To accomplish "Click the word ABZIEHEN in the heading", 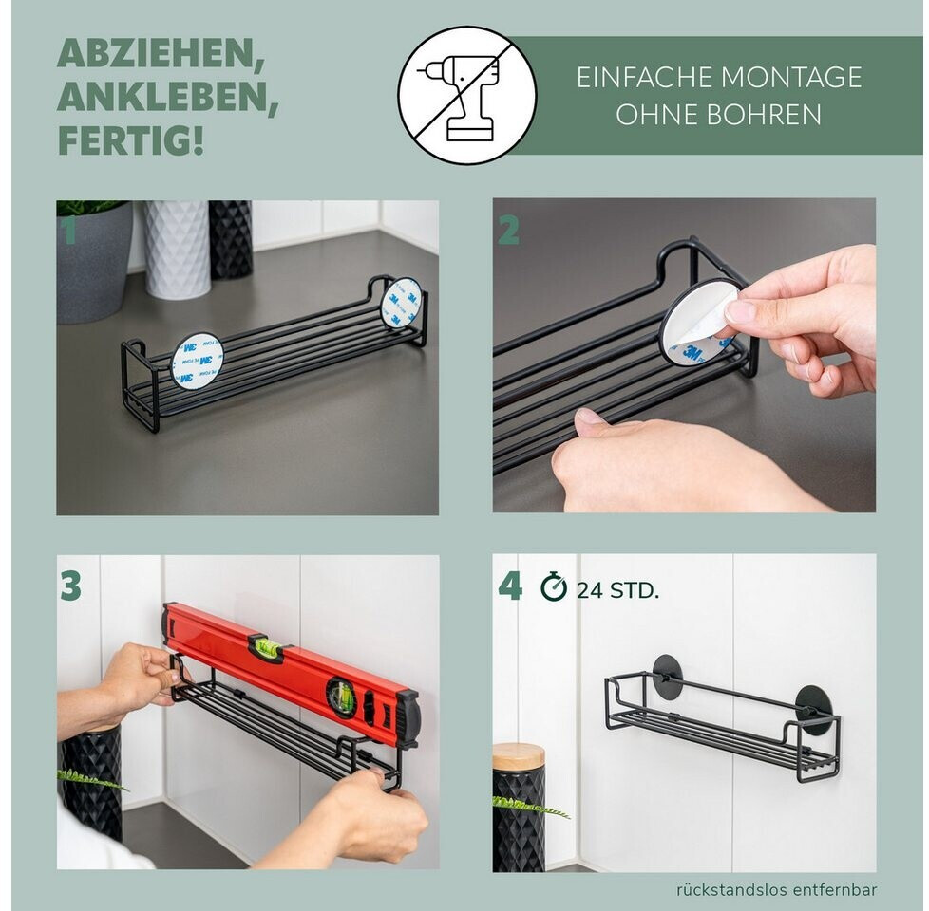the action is tap(161, 54).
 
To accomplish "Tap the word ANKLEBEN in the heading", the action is tap(168, 97).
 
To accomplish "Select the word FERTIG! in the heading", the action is tap(130, 140).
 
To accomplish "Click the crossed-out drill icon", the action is tap(466, 95).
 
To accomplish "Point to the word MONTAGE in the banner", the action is tap(791, 78).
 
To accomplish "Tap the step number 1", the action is tap(70, 230).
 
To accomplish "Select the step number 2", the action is tap(508, 231).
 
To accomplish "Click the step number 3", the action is tap(70, 586).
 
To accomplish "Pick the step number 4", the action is tap(510, 586).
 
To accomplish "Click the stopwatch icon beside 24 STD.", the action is tap(554, 586).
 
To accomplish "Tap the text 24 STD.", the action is tap(617, 590).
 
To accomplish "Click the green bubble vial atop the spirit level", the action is tap(265, 646).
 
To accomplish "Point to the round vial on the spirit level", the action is tap(341, 697).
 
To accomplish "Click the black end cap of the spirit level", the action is tap(408, 719).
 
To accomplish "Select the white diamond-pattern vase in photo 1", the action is tap(177, 248).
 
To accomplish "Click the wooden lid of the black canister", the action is tap(519, 757).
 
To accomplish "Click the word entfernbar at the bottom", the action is tap(835, 890).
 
